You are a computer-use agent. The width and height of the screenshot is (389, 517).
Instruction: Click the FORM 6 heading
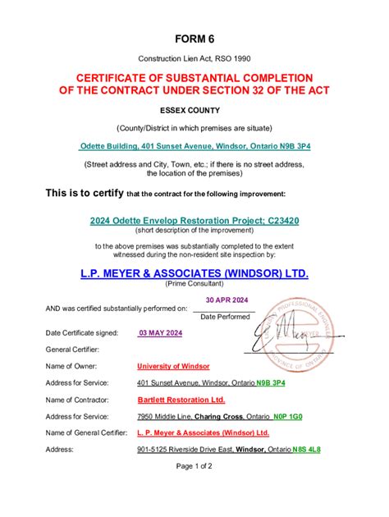point(194,39)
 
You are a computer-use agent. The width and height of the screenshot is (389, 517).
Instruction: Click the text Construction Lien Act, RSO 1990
point(194,60)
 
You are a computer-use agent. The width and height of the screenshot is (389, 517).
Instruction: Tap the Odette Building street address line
point(194,146)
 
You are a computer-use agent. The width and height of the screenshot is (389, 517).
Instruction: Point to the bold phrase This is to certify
point(72,193)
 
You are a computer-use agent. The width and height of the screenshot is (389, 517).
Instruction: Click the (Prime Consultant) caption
point(194,283)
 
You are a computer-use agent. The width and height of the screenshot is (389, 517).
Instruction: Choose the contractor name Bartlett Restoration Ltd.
point(181,400)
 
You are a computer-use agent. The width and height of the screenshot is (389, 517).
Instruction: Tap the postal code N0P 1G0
point(287,416)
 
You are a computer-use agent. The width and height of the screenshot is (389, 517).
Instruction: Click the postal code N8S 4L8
point(306,450)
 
